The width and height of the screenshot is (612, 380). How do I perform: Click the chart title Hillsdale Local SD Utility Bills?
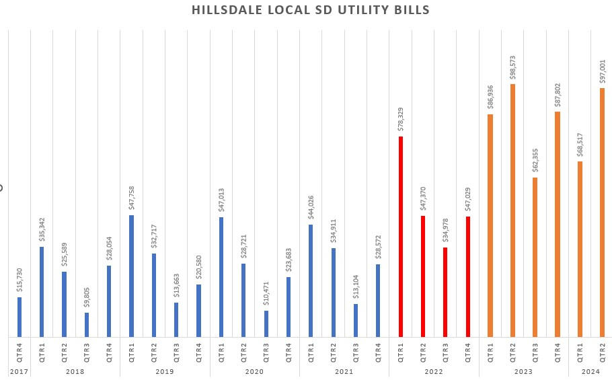310,10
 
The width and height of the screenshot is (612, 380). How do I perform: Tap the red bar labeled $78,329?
400,236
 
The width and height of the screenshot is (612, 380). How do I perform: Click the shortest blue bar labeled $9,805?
86,324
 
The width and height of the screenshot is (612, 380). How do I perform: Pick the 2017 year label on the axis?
19,371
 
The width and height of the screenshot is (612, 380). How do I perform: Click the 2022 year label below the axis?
434,371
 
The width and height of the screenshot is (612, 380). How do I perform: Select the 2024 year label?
590,371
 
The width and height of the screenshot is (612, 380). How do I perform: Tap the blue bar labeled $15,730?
19,317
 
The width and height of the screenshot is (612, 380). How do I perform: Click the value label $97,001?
602,70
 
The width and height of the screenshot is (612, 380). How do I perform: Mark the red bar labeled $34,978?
445,292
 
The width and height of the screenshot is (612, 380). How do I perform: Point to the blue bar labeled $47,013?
221,276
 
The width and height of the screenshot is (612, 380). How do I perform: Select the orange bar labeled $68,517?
580,249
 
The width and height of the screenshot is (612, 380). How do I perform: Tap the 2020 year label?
254,371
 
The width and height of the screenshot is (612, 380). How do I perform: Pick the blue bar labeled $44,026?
311,280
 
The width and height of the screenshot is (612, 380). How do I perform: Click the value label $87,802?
558,93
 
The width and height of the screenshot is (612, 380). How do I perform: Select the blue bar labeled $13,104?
355,320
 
